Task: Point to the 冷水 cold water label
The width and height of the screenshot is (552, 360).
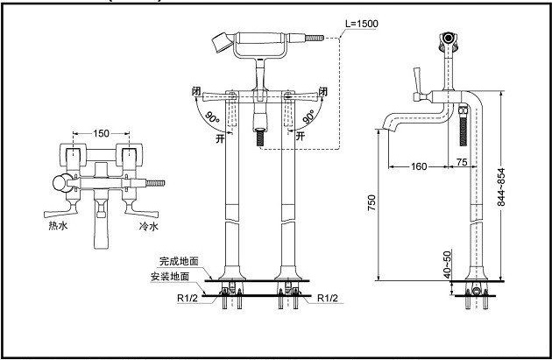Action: point(148,226)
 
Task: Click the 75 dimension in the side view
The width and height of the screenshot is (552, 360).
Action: point(461,163)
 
